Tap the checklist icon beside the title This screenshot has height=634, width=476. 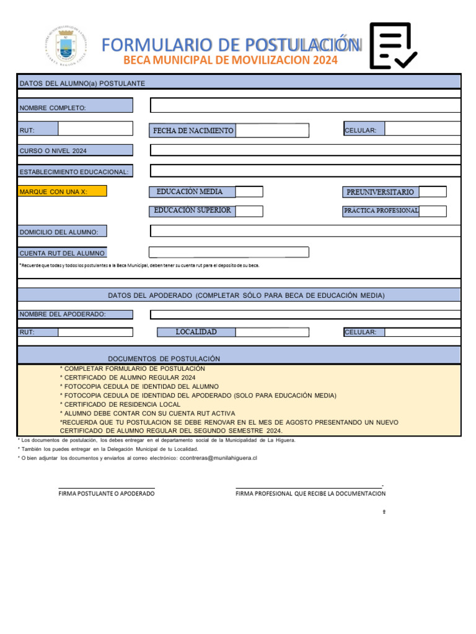(393, 46)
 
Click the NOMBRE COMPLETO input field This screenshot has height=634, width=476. (305, 106)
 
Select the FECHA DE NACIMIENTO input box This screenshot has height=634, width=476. (272, 131)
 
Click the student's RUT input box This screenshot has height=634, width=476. (95, 129)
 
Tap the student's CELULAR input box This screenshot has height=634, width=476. (422, 129)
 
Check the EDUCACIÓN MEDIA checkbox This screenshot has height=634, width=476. (249, 192)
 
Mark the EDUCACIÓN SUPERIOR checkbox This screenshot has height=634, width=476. (249, 211)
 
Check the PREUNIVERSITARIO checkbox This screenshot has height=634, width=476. (432, 192)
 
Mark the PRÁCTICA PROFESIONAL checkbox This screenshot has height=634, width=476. (432, 211)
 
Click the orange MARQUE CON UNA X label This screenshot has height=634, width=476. (63, 191)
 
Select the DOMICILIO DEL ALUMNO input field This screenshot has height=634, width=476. (305, 231)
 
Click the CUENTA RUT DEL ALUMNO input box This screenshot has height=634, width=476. (229, 252)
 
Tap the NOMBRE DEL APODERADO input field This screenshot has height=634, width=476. (305, 315)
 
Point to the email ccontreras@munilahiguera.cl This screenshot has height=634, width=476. (218, 458)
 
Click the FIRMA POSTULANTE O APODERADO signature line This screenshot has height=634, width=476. (107, 488)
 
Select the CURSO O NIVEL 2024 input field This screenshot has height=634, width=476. (305, 150)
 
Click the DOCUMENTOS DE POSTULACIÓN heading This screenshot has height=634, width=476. (164, 359)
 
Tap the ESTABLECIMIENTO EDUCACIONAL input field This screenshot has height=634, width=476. (305, 171)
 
